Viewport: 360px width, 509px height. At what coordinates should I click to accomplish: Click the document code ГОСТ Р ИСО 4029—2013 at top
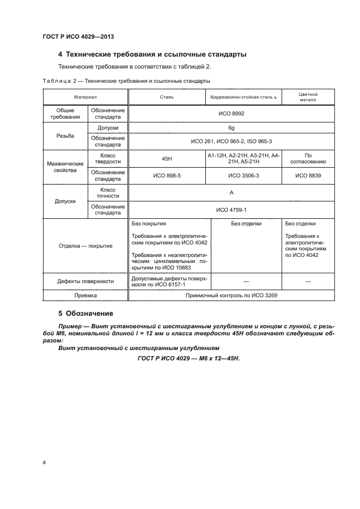[77, 36]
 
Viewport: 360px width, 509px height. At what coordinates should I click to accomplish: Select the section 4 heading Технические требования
[152, 54]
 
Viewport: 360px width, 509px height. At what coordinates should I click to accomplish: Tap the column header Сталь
[167, 97]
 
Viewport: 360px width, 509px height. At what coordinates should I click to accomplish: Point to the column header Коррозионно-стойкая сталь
[243, 97]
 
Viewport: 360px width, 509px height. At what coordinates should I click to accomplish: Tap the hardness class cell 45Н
[167, 158]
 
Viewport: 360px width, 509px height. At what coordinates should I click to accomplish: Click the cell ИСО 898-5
[167, 176]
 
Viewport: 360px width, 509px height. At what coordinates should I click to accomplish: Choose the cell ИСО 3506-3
[243, 176]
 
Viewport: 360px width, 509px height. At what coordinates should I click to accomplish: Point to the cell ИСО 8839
[308, 176]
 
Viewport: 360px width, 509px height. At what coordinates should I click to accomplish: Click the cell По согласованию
[308, 158]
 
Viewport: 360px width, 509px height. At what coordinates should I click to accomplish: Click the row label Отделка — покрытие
[85, 246]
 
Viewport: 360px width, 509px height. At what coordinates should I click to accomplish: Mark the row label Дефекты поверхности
[85, 281]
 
